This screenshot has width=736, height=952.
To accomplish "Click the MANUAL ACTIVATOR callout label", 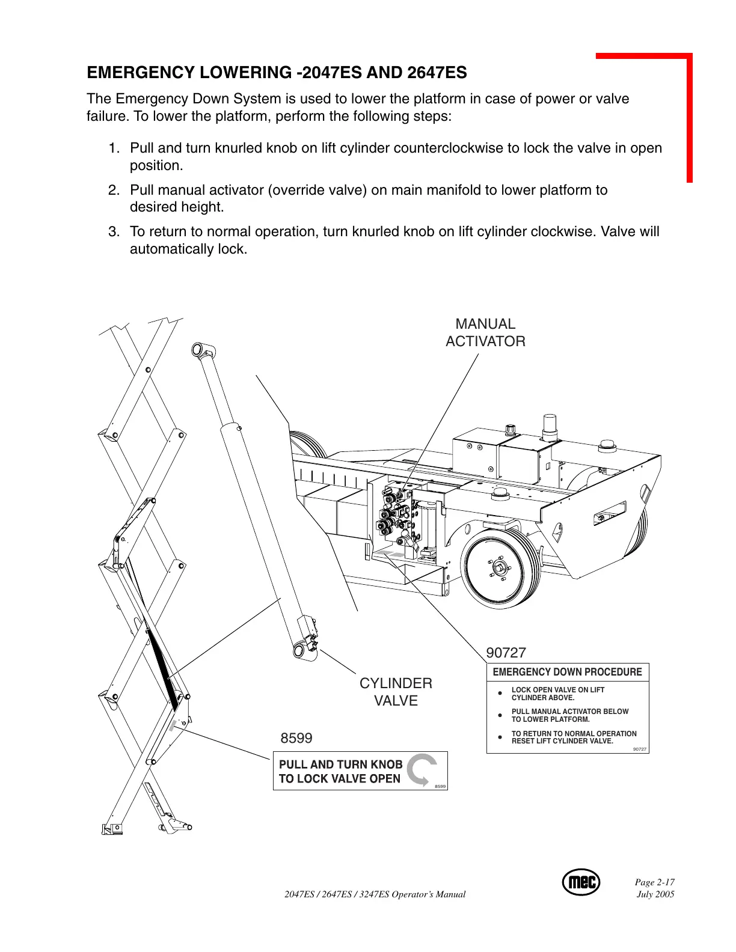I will (x=485, y=332).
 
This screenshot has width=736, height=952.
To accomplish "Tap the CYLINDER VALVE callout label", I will (x=396, y=692).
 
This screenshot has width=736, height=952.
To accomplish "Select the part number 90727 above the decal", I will (x=506, y=652).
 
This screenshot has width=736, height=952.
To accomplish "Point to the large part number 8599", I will (x=296, y=737).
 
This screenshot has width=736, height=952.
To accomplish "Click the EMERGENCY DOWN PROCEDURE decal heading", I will (x=567, y=672).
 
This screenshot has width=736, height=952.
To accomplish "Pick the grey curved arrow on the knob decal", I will (x=422, y=769).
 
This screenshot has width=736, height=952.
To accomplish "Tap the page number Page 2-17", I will (x=655, y=882).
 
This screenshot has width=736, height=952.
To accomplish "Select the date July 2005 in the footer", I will (x=655, y=894).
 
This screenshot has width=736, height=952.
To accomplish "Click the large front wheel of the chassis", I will (x=500, y=568).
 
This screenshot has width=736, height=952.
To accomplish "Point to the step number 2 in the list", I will (x=113, y=191).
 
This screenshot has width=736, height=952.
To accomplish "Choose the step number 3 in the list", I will (x=113, y=232).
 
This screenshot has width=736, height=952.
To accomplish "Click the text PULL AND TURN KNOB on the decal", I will (x=340, y=764).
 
